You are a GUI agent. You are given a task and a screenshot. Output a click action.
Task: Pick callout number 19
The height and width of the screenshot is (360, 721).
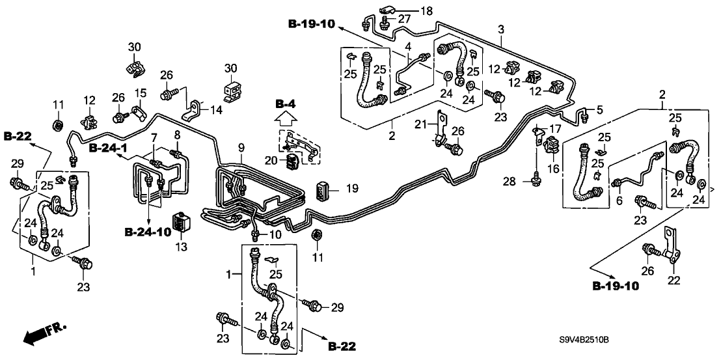pyautogui.click(x=352, y=189)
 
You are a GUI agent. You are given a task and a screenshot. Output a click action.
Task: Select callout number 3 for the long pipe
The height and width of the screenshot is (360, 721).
pyautogui.click(x=501, y=29)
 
